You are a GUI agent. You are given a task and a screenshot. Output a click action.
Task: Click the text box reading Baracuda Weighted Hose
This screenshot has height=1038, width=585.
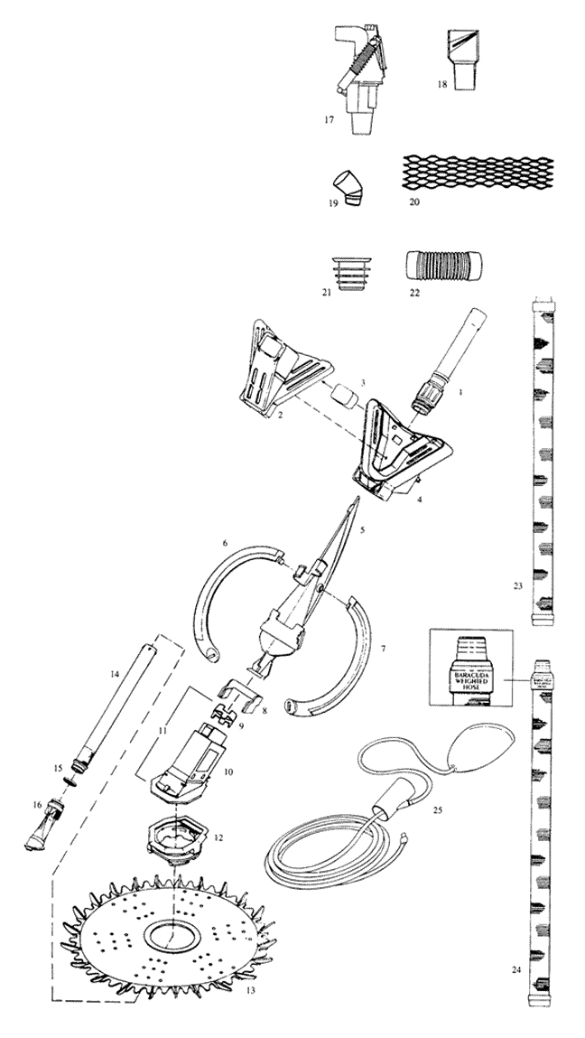click(x=470, y=672)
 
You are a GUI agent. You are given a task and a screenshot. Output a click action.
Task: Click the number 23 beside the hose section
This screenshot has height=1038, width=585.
click(x=518, y=586)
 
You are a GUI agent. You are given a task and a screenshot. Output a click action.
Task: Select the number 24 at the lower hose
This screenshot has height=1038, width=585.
click(x=515, y=970)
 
